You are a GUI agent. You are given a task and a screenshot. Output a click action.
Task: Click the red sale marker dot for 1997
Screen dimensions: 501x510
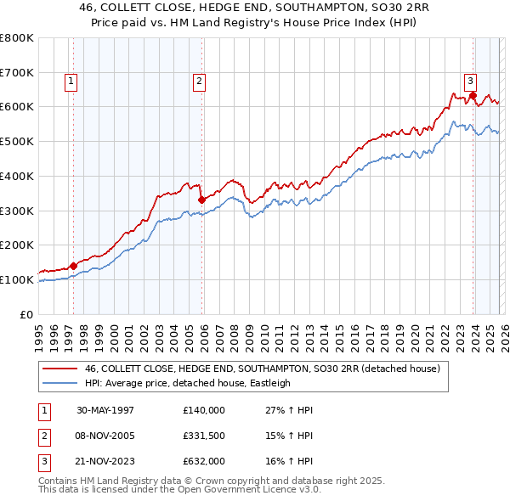74,266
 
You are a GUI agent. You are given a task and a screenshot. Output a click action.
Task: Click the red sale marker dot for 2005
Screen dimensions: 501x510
201,200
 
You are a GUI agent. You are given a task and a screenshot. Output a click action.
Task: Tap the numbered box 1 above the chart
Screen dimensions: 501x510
71,82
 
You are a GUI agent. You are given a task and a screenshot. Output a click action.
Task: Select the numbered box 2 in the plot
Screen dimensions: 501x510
199,82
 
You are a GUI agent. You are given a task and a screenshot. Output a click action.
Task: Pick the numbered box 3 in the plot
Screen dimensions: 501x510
470,82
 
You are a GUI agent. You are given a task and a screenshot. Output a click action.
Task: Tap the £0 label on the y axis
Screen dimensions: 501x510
26,314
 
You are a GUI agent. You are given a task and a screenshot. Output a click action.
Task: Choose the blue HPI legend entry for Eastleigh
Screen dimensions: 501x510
187,383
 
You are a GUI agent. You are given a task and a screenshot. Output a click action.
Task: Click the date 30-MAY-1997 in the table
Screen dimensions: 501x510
105,410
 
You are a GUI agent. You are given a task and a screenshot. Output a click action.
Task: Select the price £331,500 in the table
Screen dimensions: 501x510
204,436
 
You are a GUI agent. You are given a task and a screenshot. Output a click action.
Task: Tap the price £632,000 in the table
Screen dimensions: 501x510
204,461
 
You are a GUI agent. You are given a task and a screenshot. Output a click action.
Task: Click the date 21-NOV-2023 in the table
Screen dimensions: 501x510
105,461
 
